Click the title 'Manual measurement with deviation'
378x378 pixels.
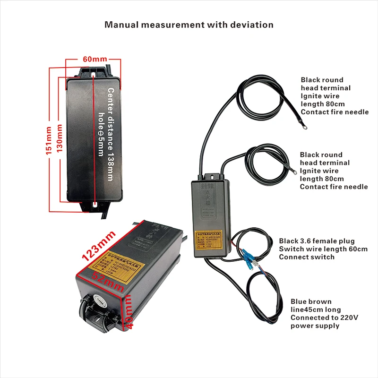(189, 25)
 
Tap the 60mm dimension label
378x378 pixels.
(94, 59)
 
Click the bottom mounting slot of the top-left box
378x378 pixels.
(95, 205)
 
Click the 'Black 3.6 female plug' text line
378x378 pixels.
(317, 241)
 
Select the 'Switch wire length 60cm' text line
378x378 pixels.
(323, 249)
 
